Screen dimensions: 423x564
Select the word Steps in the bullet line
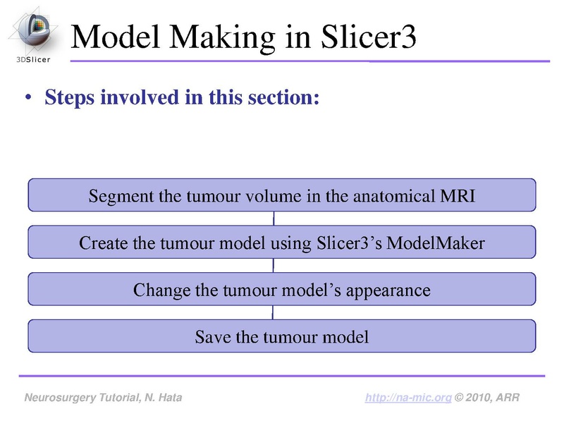tap(69, 97)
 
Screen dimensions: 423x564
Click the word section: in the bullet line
tap(288, 97)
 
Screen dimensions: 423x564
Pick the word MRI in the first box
tap(458, 196)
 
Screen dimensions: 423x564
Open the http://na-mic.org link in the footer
tap(408, 398)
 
